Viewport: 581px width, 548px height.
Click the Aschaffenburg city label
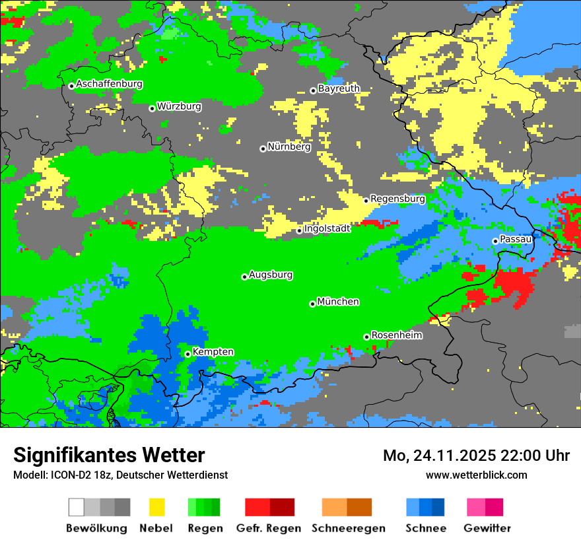point(109,84)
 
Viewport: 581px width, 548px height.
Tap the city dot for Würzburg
point(152,108)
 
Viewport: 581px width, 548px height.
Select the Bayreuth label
point(339,88)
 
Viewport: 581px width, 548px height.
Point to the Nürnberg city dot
point(263,149)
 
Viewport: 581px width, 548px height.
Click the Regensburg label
point(397,198)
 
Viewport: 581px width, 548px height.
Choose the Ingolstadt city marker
point(299,230)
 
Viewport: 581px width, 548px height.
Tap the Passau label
point(516,239)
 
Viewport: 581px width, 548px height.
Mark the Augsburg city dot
point(244,277)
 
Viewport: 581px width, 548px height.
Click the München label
point(338,302)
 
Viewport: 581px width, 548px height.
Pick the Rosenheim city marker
point(366,337)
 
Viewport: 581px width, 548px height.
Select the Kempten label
point(213,352)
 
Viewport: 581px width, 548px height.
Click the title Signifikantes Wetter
point(109,455)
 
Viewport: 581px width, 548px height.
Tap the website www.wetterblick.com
point(476,475)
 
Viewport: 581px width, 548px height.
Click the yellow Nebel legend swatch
point(157,507)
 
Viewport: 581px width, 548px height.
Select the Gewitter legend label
point(487,528)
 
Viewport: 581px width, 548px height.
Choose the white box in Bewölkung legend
point(77,507)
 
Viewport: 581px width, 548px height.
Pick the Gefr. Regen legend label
point(268,528)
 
